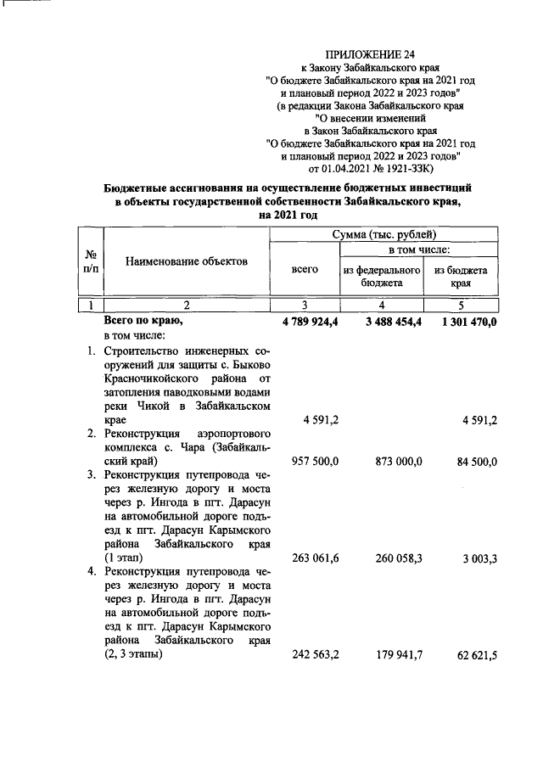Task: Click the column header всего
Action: tap(305, 269)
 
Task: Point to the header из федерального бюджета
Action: tap(383, 276)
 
